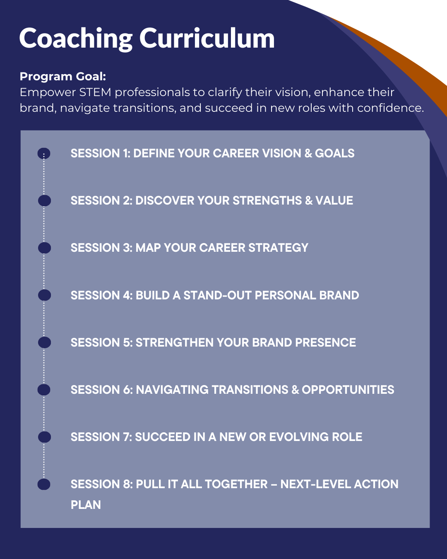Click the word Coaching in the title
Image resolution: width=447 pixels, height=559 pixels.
click(x=76, y=38)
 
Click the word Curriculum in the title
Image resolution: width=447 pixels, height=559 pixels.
click(x=207, y=38)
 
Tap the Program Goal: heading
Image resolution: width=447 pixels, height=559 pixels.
click(x=63, y=76)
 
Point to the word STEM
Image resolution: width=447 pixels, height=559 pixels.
click(x=95, y=92)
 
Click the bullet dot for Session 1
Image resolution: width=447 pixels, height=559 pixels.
click(x=44, y=153)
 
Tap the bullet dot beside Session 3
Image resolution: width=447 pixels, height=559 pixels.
click(x=44, y=248)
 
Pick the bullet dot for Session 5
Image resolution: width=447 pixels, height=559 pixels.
click(x=44, y=342)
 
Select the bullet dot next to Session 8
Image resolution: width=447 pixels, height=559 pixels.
click(x=44, y=484)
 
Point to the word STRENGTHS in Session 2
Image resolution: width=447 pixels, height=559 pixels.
click(x=267, y=200)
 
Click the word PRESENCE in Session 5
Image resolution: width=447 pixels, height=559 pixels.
click(x=325, y=342)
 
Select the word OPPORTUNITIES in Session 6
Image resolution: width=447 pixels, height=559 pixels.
click(x=348, y=390)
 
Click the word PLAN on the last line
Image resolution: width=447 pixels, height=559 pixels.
click(x=86, y=505)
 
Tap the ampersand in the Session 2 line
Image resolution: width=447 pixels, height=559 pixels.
click(x=309, y=200)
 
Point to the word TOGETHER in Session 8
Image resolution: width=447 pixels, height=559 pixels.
click(x=236, y=484)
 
